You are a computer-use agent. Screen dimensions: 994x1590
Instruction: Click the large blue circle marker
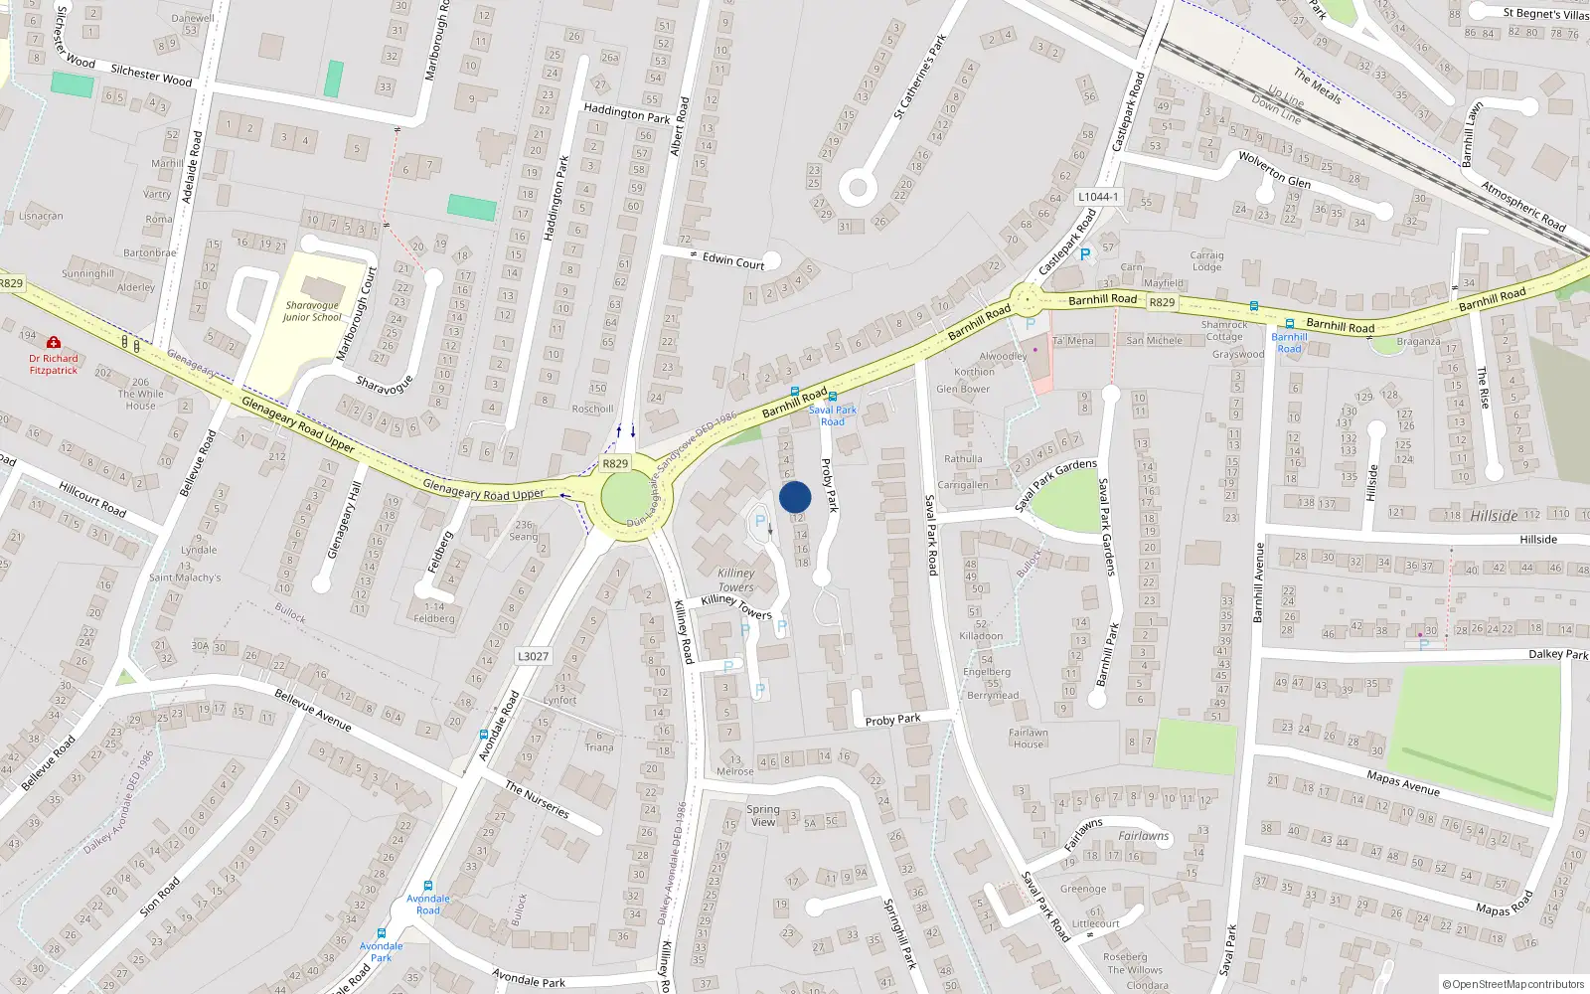click(795, 497)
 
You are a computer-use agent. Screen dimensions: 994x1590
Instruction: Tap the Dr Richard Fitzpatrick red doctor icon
click(54, 343)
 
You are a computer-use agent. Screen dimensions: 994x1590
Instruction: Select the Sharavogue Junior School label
click(312, 312)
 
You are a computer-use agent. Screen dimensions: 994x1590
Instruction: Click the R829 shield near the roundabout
click(615, 463)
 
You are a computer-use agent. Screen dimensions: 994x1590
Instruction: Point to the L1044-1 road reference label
click(1098, 197)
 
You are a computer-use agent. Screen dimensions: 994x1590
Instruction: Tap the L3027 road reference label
click(533, 656)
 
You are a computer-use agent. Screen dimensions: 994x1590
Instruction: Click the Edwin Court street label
click(733, 260)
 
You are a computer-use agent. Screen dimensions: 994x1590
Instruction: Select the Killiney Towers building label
click(736, 580)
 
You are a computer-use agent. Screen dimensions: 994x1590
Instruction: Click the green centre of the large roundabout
click(624, 497)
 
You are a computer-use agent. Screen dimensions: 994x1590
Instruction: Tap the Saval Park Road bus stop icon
click(833, 397)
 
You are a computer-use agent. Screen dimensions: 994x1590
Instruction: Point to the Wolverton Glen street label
click(1274, 169)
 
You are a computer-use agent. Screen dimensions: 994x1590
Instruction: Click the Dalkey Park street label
click(1558, 654)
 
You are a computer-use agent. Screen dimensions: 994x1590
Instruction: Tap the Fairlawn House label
click(1029, 739)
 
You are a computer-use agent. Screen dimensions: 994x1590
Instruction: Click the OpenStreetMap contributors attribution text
click(1513, 984)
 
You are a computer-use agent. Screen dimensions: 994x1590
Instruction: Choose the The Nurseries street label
click(537, 799)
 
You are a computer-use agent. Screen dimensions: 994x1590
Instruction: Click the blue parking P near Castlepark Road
click(1085, 254)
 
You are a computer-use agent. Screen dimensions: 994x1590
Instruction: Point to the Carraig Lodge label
click(1206, 260)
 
